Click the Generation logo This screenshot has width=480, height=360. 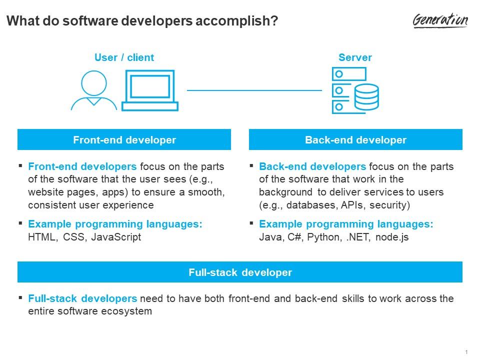(440, 20)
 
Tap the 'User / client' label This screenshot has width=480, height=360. (124, 57)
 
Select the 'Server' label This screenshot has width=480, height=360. (355, 57)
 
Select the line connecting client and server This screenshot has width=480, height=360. (254, 90)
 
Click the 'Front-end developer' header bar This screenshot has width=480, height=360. (124, 139)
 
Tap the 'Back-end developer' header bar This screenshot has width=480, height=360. (355, 139)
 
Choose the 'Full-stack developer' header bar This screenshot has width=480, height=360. (240, 272)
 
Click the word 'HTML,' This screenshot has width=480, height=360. (43, 237)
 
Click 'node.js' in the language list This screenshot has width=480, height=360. (392, 237)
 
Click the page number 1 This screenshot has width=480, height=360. (466, 352)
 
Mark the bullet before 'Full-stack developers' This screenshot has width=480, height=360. (20, 297)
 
